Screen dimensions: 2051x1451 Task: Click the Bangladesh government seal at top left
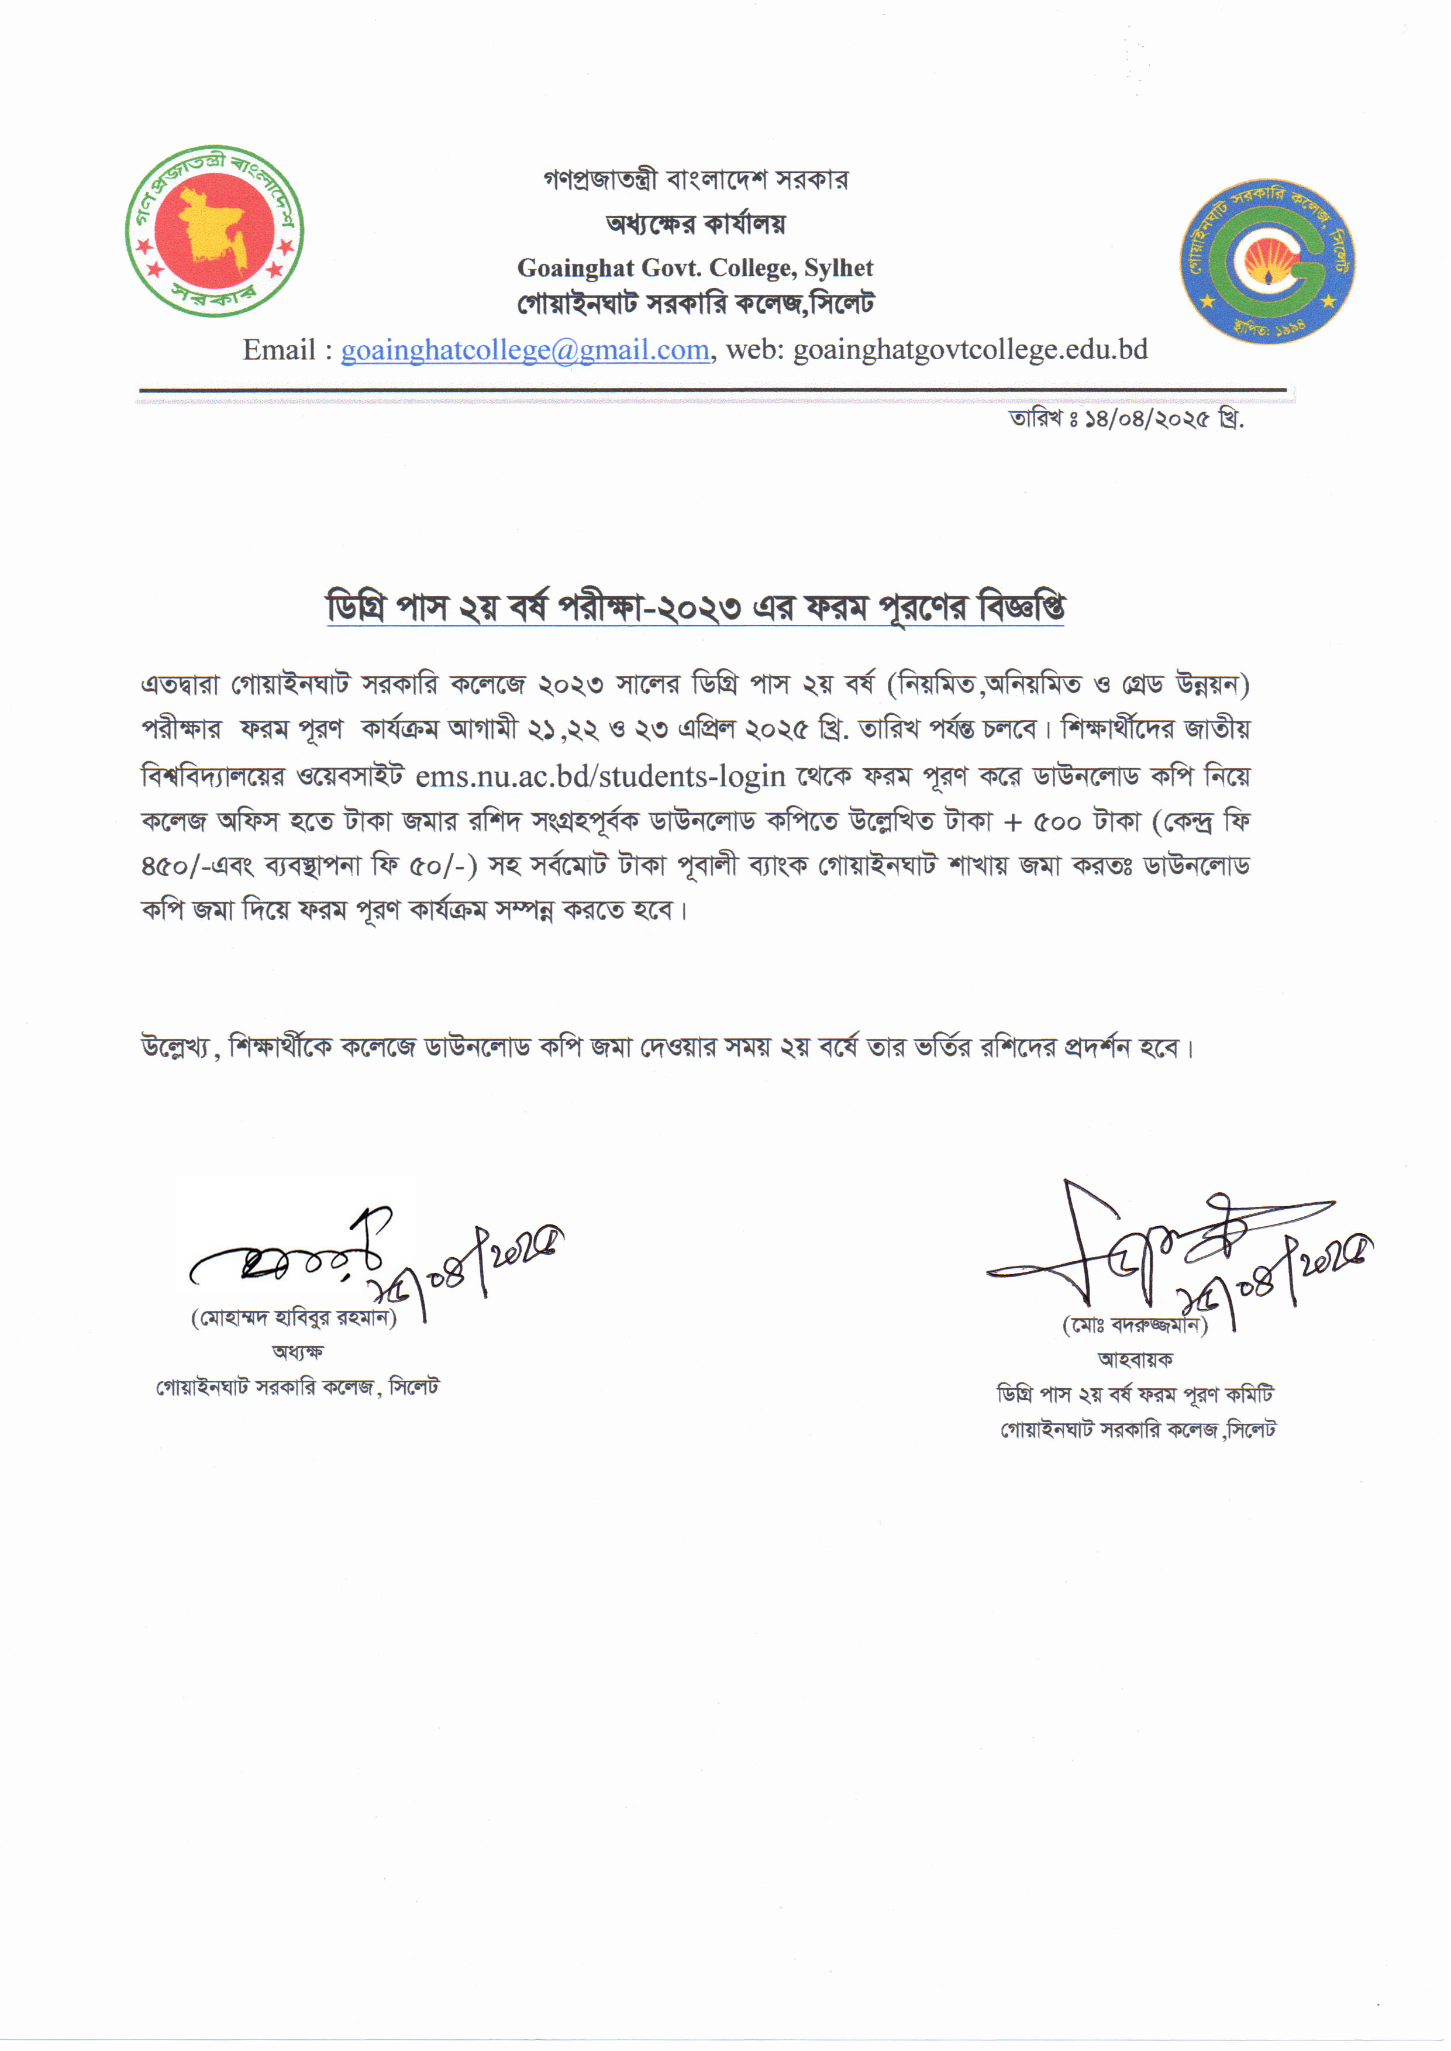[215, 230]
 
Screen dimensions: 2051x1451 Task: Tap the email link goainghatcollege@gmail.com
[525, 350]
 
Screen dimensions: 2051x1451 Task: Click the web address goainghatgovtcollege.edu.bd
[970, 350]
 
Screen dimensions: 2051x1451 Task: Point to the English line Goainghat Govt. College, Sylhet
[695, 268]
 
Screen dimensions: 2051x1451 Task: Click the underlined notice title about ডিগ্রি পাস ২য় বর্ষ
[695, 608]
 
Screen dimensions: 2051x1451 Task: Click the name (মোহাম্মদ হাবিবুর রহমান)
[294, 1317]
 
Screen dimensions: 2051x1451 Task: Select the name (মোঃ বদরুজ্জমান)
[1135, 1326]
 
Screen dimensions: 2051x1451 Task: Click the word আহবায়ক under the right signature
[1135, 1360]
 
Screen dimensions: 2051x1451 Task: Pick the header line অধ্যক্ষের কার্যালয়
[695, 223]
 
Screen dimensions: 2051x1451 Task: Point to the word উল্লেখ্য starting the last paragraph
[176, 1047]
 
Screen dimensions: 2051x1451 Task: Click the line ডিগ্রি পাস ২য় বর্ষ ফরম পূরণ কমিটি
[1135, 1394]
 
